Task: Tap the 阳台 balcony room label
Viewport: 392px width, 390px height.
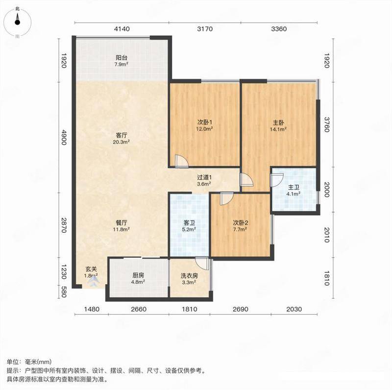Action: (x=121, y=58)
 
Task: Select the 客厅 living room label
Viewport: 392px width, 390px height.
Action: (x=122, y=136)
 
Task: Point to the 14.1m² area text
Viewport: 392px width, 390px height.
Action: (x=278, y=129)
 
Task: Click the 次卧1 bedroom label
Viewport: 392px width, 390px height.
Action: (x=205, y=122)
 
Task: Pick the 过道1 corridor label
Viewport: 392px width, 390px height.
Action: (x=204, y=177)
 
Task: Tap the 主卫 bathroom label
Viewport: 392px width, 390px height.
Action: (x=294, y=187)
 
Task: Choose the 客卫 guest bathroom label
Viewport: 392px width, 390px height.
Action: (x=189, y=222)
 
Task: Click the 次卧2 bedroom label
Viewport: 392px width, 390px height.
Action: (x=241, y=222)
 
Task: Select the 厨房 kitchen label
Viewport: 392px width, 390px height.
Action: (x=138, y=275)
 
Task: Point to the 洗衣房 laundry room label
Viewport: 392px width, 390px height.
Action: (x=189, y=276)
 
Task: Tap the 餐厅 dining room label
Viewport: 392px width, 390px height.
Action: (x=122, y=222)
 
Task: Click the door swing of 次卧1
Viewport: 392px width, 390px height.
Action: (x=181, y=161)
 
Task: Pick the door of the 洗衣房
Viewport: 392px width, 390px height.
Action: (x=202, y=263)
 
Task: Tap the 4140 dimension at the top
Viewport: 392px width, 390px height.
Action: (x=122, y=29)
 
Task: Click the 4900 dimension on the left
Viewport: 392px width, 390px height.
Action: (x=64, y=137)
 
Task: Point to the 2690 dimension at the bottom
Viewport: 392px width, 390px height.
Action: (x=241, y=309)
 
